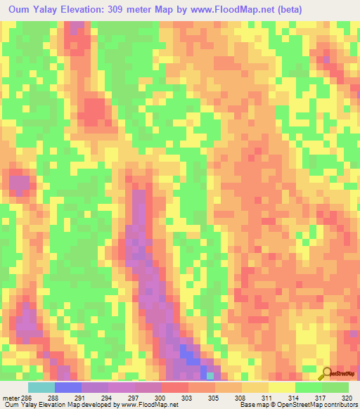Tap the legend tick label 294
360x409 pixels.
[x=108, y=397]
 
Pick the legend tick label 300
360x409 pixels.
[x=161, y=397]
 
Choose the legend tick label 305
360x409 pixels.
[x=214, y=397]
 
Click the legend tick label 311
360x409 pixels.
[x=268, y=397]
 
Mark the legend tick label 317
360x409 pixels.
[x=321, y=397]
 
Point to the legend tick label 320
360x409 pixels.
[x=347, y=397]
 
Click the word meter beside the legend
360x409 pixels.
[x=11, y=397]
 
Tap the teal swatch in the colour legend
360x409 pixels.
[x=41, y=387]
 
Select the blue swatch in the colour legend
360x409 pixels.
[x=67, y=387]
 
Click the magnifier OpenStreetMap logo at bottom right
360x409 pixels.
[x=327, y=373]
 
